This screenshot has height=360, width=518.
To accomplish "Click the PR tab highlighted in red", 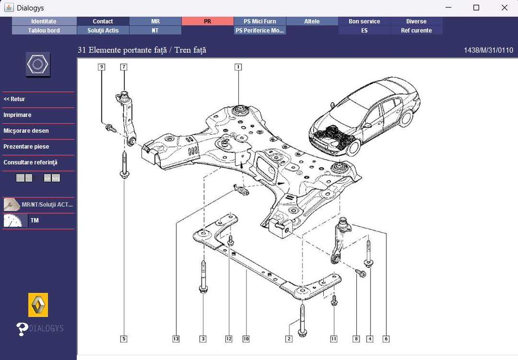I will point(207,21).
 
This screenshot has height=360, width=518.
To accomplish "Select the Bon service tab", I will point(364,21).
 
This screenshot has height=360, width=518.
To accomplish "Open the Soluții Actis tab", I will point(103,31).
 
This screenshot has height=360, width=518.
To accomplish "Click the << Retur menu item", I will point(15,99).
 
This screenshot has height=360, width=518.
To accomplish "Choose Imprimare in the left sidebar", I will point(18,115).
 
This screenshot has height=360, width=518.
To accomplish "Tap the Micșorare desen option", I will point(26,131).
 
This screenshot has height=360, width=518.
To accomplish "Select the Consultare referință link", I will point(30,163).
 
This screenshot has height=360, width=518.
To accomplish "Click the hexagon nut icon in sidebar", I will point(38,65).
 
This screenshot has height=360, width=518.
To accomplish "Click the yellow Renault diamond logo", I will point(38,305).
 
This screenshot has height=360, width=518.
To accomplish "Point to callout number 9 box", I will point(102,67).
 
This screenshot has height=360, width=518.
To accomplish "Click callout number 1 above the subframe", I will point(238,67).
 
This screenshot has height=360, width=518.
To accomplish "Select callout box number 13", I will point(176,339).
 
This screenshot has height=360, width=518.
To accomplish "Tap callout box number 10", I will point(246,339).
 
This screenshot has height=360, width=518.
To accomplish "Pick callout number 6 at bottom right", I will point(386,339).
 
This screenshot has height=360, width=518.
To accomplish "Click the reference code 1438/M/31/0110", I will point(488,50).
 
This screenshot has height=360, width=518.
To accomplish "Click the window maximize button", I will point(476,8).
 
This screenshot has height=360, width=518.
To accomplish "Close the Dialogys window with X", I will point(504,8).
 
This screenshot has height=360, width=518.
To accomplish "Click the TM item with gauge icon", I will point(34,221).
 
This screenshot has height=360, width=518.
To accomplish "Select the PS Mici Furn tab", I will point(260,21).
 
